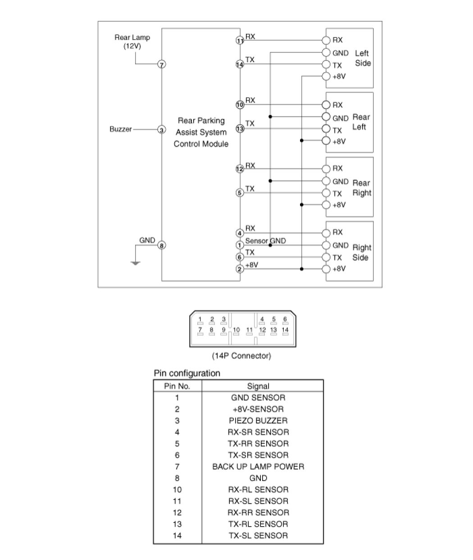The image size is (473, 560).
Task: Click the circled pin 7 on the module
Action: pos(162,64)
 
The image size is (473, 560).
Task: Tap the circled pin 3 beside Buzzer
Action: pos(162,130)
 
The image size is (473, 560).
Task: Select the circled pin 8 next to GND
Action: pos(162,245)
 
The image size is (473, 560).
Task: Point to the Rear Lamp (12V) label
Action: pos(132,41)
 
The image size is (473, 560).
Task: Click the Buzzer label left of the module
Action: pos(121,129)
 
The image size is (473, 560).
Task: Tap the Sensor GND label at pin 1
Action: pos(265,241)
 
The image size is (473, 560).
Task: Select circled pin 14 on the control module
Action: pos(240,64)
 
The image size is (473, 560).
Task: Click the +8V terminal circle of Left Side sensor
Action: pos(327,76)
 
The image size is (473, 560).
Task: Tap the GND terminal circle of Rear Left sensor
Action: pos(327,117)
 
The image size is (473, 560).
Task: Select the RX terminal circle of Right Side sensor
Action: pos(327,233)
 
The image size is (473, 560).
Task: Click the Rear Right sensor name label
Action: pos(361,188)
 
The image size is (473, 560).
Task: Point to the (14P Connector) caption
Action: pos(241,356)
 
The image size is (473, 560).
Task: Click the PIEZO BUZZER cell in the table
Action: pos(258,421)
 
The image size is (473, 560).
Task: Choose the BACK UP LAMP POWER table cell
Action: pos(258,467)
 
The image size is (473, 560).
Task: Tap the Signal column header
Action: pos(258,386)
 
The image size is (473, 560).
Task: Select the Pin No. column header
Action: pos(177,386)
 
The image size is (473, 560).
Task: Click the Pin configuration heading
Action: pos(187,373)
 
